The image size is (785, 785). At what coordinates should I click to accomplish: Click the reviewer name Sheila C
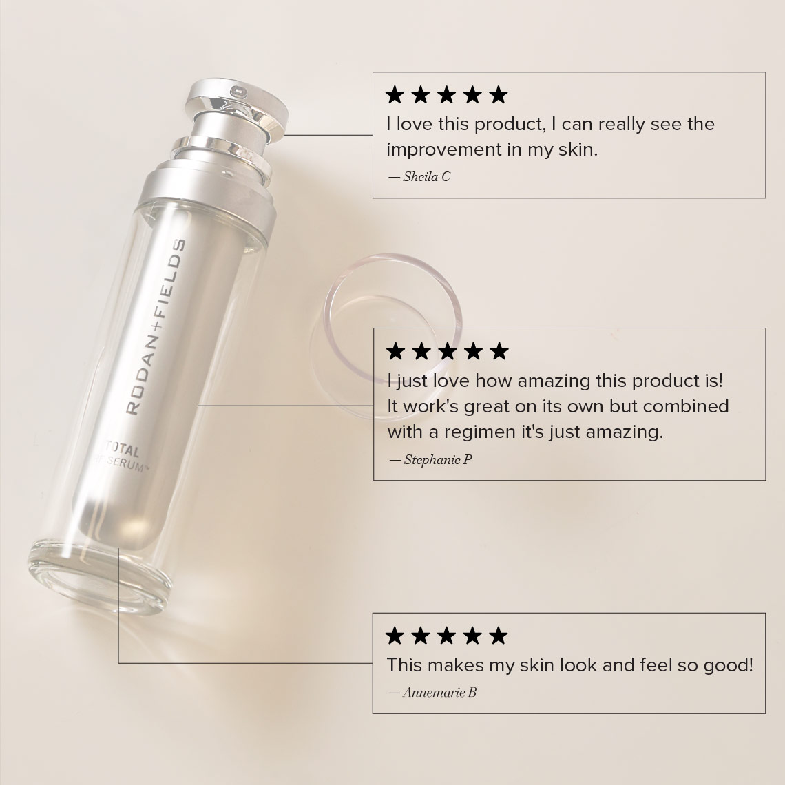426,177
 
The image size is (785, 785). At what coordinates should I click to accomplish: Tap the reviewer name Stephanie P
438,459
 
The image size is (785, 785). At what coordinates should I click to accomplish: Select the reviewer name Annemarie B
439,692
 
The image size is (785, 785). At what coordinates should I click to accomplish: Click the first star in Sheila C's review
395,94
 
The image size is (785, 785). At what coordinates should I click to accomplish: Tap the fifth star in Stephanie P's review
499,351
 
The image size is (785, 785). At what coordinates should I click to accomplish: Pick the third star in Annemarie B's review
447,636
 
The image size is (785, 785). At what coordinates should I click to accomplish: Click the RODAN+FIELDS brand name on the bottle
156,327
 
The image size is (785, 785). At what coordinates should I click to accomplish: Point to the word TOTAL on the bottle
122,448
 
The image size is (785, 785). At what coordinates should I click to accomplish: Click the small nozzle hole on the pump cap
238,92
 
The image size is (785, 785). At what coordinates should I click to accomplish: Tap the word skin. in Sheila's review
578,149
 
